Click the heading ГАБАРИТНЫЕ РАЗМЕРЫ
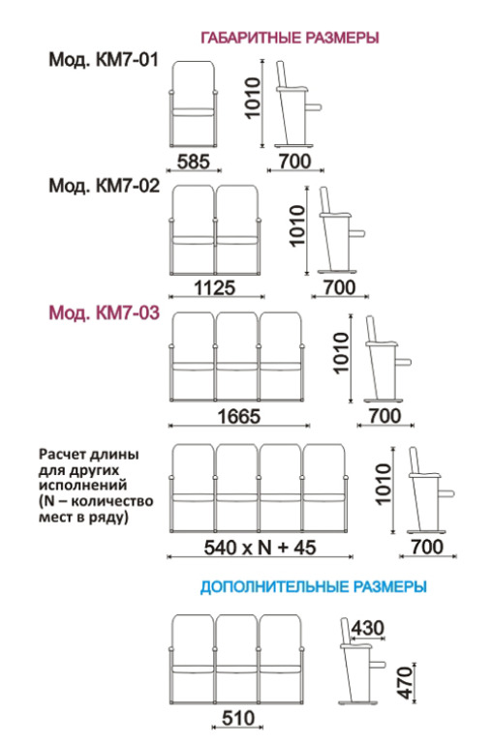point(290,38)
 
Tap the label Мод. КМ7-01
point(104,60)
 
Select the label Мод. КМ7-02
point(105,186)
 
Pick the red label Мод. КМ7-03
point(105,312)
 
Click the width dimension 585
point(193,162)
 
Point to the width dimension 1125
point(214,287)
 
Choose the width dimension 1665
point(239,417)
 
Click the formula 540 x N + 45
point(260,548)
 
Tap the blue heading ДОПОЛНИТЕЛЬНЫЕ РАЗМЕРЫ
point(313,586)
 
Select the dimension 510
point(238,719)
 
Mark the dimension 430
point(368,628)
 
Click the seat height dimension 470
point(406,683)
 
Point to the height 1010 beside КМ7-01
point(253,98)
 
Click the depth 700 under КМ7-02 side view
point(339,287)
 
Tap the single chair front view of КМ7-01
point(194,104)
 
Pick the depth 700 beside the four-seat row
point(427,547)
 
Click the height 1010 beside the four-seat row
point(384,485)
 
